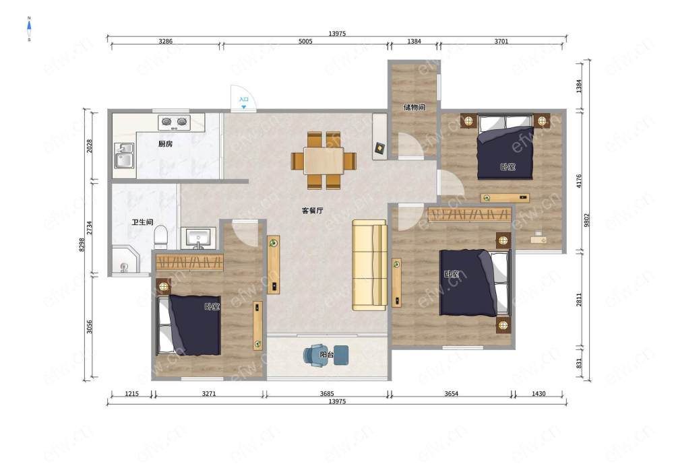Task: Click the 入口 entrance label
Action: pyautogui.click(x=244, y=99)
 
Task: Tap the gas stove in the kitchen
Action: pyautogui.click(x=175, y=123)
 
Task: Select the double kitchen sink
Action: pyautogui.click(x=124, y=156)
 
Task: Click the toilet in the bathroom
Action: pyautogui.click(x=160, y=236)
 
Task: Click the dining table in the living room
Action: pyautogui.click(x=324, y=160)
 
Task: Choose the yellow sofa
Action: pyautogui.click(x=369, y=265)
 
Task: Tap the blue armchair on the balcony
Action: pyautogui.click(x=315, y=355)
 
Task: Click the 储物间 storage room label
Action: pyautogui.click(x=414, y=107)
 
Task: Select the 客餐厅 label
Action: pyautogui.click(x=313, y=210)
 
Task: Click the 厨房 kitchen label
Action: pyautogui.click(x=165, y=144)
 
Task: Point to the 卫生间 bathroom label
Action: pyautogui.click(x=142, y=222)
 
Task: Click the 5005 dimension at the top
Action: pyautogui.click(x=305, y=41)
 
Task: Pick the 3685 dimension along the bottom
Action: pyautogui.click(x=327, y=393)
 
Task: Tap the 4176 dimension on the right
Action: pyautogui.click(x=578, y=180)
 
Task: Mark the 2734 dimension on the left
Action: pyautogui.click(x=90, y=228)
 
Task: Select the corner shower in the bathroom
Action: pyautogui.click(x=125, y=260)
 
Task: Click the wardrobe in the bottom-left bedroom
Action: pyautogui.click(x=189, y=263)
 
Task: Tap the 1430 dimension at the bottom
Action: pyautogui.click(x=539, y=393)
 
